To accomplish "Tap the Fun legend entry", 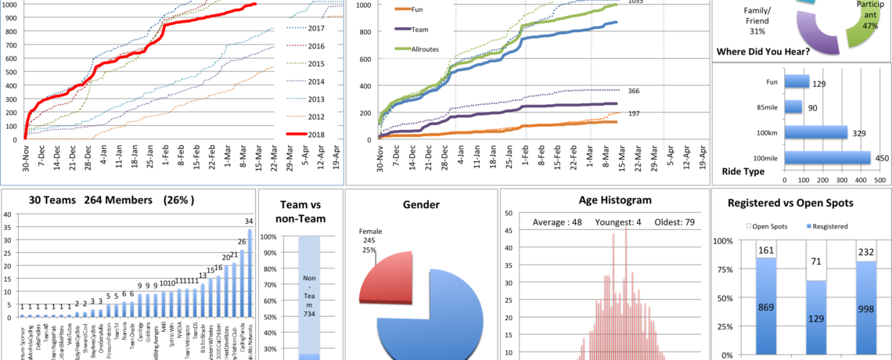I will pos(415,9).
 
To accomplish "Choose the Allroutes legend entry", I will pos(423,49).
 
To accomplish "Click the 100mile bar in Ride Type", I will pos(826,158).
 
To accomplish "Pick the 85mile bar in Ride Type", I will pos(793,106).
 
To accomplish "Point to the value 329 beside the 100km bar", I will pos(860,133).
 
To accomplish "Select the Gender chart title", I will pos(420,205).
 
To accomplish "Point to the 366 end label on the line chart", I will pos(612,91).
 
